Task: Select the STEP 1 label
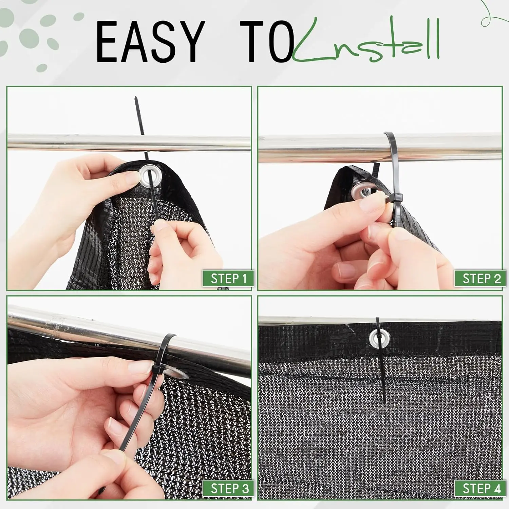tap(228, 279)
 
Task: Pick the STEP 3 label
tap(228, 489)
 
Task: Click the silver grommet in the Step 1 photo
tap(150, 176)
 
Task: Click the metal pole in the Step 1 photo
tap(129, 143)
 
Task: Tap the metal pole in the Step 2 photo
tap(380, 147)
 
